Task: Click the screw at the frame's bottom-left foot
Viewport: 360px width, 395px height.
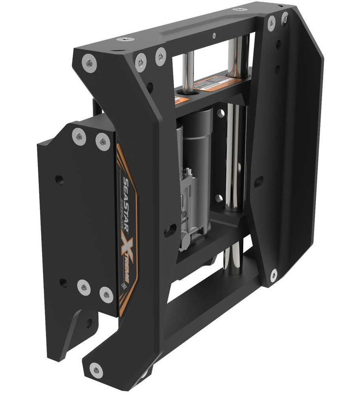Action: [x=96, y=370]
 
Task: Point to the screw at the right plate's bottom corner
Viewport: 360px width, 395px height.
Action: [x=273, y=274]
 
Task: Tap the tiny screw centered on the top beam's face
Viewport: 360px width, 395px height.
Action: [x=214, y=34]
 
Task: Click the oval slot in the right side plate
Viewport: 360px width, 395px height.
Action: [x=258, y=181]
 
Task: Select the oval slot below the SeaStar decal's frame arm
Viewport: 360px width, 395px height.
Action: [x=170, y=229]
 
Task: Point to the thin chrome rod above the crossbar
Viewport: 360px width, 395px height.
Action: [x=189, y=71]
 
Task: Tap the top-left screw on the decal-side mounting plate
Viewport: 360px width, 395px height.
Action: [x=79, y=137]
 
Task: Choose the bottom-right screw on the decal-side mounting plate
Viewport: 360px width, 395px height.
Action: [x=106, y=294]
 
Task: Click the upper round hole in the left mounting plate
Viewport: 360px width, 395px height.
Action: [x=59, y=180]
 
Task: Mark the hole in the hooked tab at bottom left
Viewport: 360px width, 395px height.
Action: [x=88, y=322]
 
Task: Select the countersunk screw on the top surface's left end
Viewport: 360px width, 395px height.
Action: [x=125, y=40]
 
